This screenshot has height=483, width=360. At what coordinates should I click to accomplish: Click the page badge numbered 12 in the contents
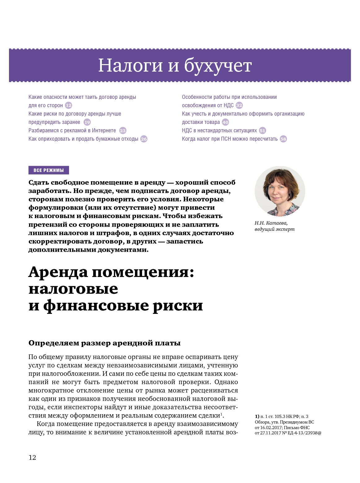coord(68,105)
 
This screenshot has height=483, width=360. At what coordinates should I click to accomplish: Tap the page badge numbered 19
coord(87,122)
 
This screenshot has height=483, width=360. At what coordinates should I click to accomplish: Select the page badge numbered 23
coord(123,130)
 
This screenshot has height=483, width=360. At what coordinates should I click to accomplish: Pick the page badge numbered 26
coord(144,139)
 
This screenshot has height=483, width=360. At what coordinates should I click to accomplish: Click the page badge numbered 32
coord(239,105)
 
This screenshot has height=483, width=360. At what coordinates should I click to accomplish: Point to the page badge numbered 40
coord(225,122)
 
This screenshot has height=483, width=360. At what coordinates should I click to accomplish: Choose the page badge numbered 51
coord(262,130)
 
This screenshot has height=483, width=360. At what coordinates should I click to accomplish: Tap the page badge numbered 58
coord(283,139)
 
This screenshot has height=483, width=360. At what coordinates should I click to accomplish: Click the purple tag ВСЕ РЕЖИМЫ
coord(49,170)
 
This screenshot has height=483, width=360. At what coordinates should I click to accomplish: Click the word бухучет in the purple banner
coord(218,66)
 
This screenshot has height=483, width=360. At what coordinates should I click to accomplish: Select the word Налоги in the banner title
coord(130,66)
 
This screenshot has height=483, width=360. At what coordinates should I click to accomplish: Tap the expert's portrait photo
coord(280,191)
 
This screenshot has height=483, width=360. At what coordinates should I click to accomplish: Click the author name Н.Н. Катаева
coord(271,223)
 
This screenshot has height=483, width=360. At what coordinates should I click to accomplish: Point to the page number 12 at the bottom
coord(32,457)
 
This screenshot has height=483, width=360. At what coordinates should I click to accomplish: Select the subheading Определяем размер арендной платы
coord(104,343)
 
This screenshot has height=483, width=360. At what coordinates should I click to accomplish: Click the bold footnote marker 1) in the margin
coord(257,416)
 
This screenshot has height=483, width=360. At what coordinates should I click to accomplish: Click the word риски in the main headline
coord(178,305)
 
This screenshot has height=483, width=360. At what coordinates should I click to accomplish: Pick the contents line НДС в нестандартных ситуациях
coord(219,130)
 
